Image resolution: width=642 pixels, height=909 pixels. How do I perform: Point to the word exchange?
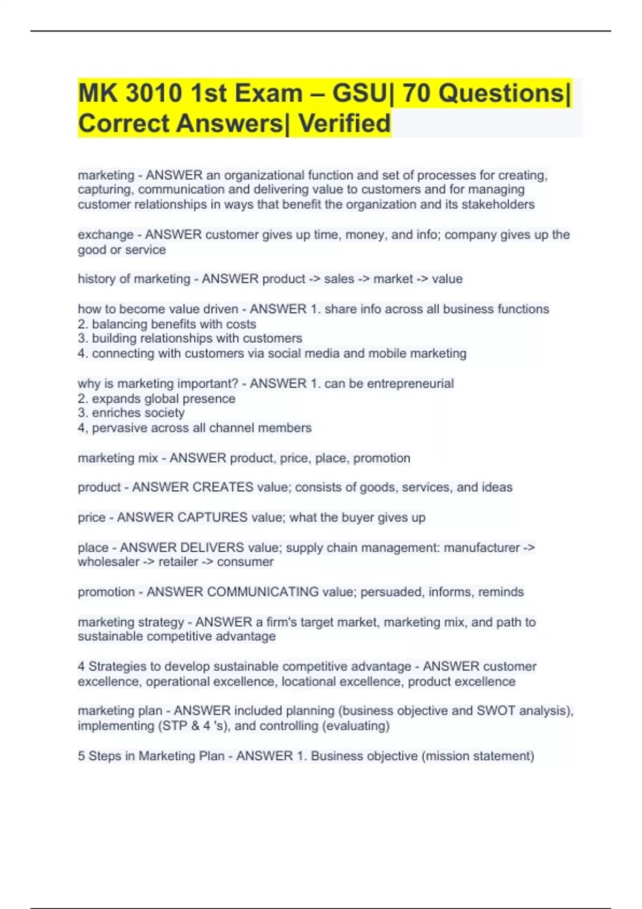[x=105, y=235]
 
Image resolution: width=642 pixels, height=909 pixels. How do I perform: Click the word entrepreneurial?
[x=410, y=383]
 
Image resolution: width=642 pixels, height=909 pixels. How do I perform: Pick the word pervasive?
[x=117, y=428]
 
